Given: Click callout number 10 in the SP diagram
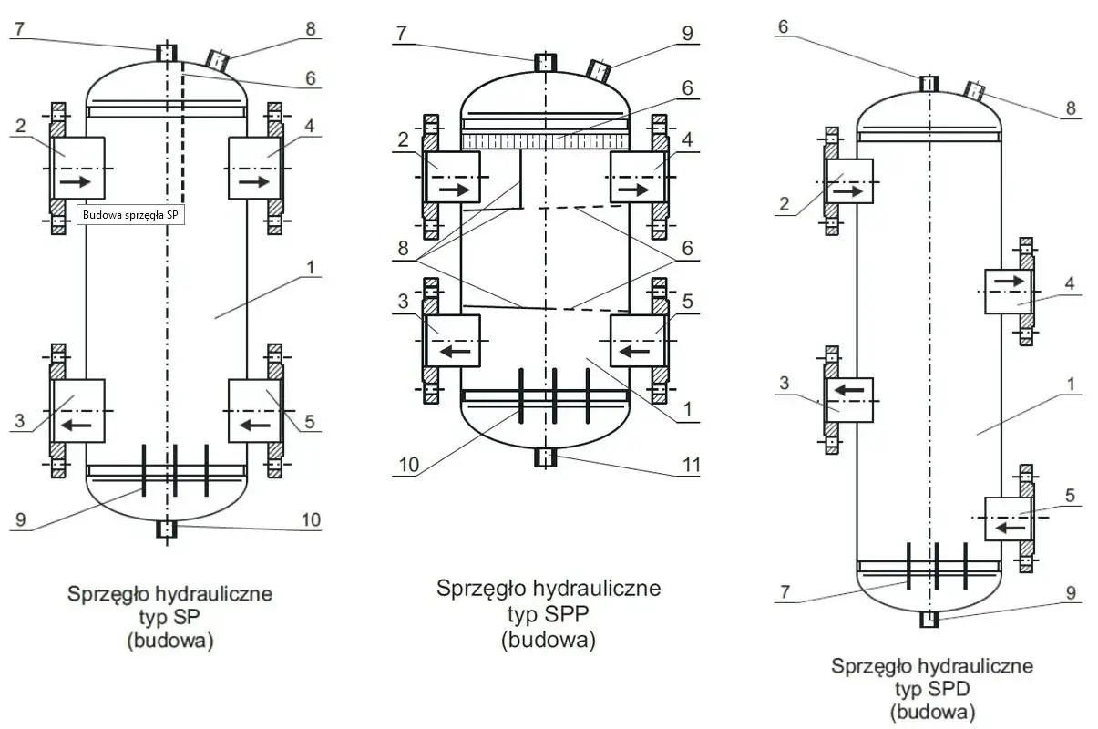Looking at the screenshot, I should click(x=311, y=519).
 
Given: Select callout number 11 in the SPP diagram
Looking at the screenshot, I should click(x=692, y=466).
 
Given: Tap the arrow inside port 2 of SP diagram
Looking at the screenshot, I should click(x=77, y=182).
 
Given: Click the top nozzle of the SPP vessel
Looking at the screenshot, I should click(x=544, y=63).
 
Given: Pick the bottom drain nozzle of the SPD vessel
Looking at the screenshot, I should click(x=929, y=620).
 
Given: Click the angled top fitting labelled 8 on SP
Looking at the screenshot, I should click(x=218, y=60).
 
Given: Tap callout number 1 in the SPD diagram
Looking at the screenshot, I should click(x=1071, y=384).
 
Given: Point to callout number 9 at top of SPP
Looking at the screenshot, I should click(x=686, y=34).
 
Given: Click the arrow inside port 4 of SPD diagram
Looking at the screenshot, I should click(x=1010, y=281).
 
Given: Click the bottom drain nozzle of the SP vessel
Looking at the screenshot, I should click(x=166, y=529).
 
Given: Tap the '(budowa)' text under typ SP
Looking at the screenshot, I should click(x=169, y=641).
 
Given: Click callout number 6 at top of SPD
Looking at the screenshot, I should click(x=783, y=28).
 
